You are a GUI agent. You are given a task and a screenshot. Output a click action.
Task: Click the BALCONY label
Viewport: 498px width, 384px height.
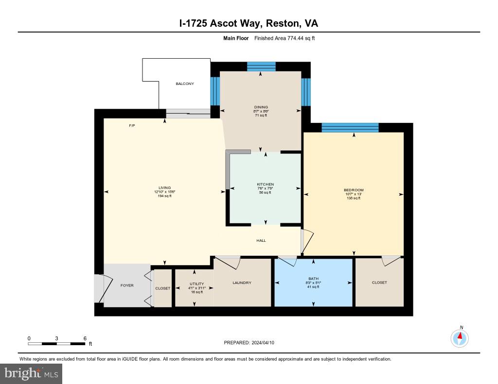185,84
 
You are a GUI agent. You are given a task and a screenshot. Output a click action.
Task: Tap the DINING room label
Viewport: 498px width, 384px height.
261,107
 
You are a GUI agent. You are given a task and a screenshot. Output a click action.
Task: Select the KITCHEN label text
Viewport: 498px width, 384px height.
266,184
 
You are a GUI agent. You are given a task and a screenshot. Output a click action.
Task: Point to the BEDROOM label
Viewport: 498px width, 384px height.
354,190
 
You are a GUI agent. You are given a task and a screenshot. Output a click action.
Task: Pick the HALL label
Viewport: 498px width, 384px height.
261,240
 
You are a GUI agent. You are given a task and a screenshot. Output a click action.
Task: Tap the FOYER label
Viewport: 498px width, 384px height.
127,285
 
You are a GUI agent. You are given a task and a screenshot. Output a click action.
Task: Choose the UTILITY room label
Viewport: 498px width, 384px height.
197,284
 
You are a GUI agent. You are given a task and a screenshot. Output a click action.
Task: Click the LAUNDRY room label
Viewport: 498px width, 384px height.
242,283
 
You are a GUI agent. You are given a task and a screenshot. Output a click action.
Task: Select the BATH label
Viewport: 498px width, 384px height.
313,279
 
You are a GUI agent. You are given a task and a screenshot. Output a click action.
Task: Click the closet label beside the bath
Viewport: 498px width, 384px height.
379,283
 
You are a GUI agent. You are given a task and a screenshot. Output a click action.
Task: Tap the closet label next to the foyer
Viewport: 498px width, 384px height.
163,288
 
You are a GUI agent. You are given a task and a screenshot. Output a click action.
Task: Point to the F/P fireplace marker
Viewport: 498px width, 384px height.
131,126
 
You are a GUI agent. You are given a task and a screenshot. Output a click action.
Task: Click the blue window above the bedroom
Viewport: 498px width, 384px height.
350,128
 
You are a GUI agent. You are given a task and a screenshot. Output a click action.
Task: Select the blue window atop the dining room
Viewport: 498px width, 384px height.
261,67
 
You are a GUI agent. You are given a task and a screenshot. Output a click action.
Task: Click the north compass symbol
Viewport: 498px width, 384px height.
460,338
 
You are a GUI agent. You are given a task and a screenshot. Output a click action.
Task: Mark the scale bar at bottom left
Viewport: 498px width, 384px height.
57,344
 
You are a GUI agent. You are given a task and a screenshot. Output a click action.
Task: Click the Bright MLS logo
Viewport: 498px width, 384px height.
31,373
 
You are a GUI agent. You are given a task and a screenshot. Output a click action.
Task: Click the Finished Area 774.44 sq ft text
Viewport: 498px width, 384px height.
285,38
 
